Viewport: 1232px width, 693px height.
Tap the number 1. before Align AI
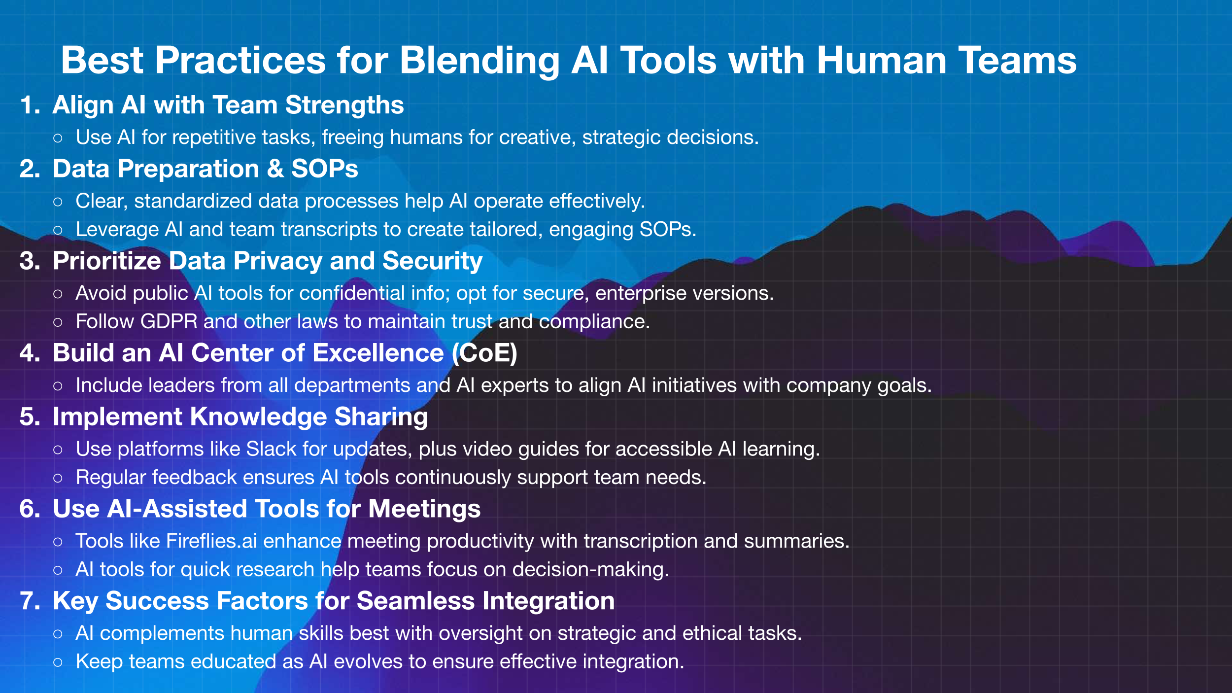30,105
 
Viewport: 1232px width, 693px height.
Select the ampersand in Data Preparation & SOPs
275,169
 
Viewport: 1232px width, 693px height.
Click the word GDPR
169,321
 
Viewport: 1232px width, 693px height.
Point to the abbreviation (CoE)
485,353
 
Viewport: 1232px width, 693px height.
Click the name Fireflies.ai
211,541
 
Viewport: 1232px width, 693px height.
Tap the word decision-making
591,570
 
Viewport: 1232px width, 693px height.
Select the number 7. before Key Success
30,601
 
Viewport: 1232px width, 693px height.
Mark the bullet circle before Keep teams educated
58,662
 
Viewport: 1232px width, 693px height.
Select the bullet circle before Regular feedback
58,478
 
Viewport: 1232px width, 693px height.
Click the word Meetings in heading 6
424,510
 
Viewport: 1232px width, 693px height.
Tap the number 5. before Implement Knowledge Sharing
30,417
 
